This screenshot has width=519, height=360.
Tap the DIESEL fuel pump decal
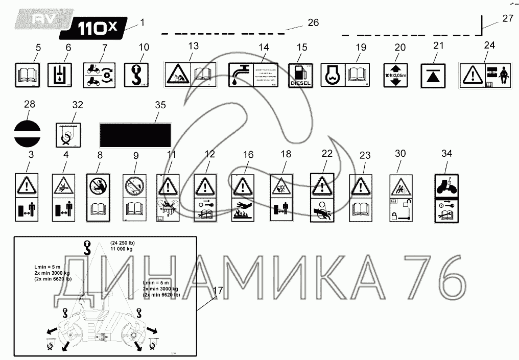tap(301, 76)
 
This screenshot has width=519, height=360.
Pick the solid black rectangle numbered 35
tap(135, 135)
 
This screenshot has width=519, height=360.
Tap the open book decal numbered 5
tap(28, 75)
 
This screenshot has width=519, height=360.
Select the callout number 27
tap(507, 19)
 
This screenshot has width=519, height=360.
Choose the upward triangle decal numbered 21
tap(432, 75)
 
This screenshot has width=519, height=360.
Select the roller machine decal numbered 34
tap(446, 197)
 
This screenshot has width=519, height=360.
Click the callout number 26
tap(313, 22)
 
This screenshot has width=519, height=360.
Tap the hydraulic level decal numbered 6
tap(61, 75)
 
